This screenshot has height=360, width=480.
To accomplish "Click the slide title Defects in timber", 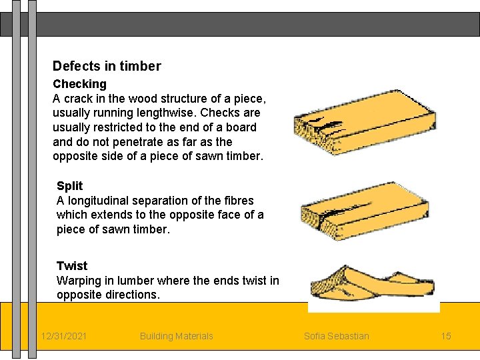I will coord(107,66).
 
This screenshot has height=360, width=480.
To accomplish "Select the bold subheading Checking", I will coord(79,84).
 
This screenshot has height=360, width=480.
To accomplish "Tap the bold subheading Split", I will coord(69,186).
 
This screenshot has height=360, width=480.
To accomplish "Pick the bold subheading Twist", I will coord(72,266).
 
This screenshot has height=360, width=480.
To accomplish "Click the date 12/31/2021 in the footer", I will coord(63,336).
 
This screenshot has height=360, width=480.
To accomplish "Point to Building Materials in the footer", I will coord(176,336).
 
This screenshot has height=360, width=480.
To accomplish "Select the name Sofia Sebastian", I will coord(336,336).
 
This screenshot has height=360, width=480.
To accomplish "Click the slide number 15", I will coord(446,336).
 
